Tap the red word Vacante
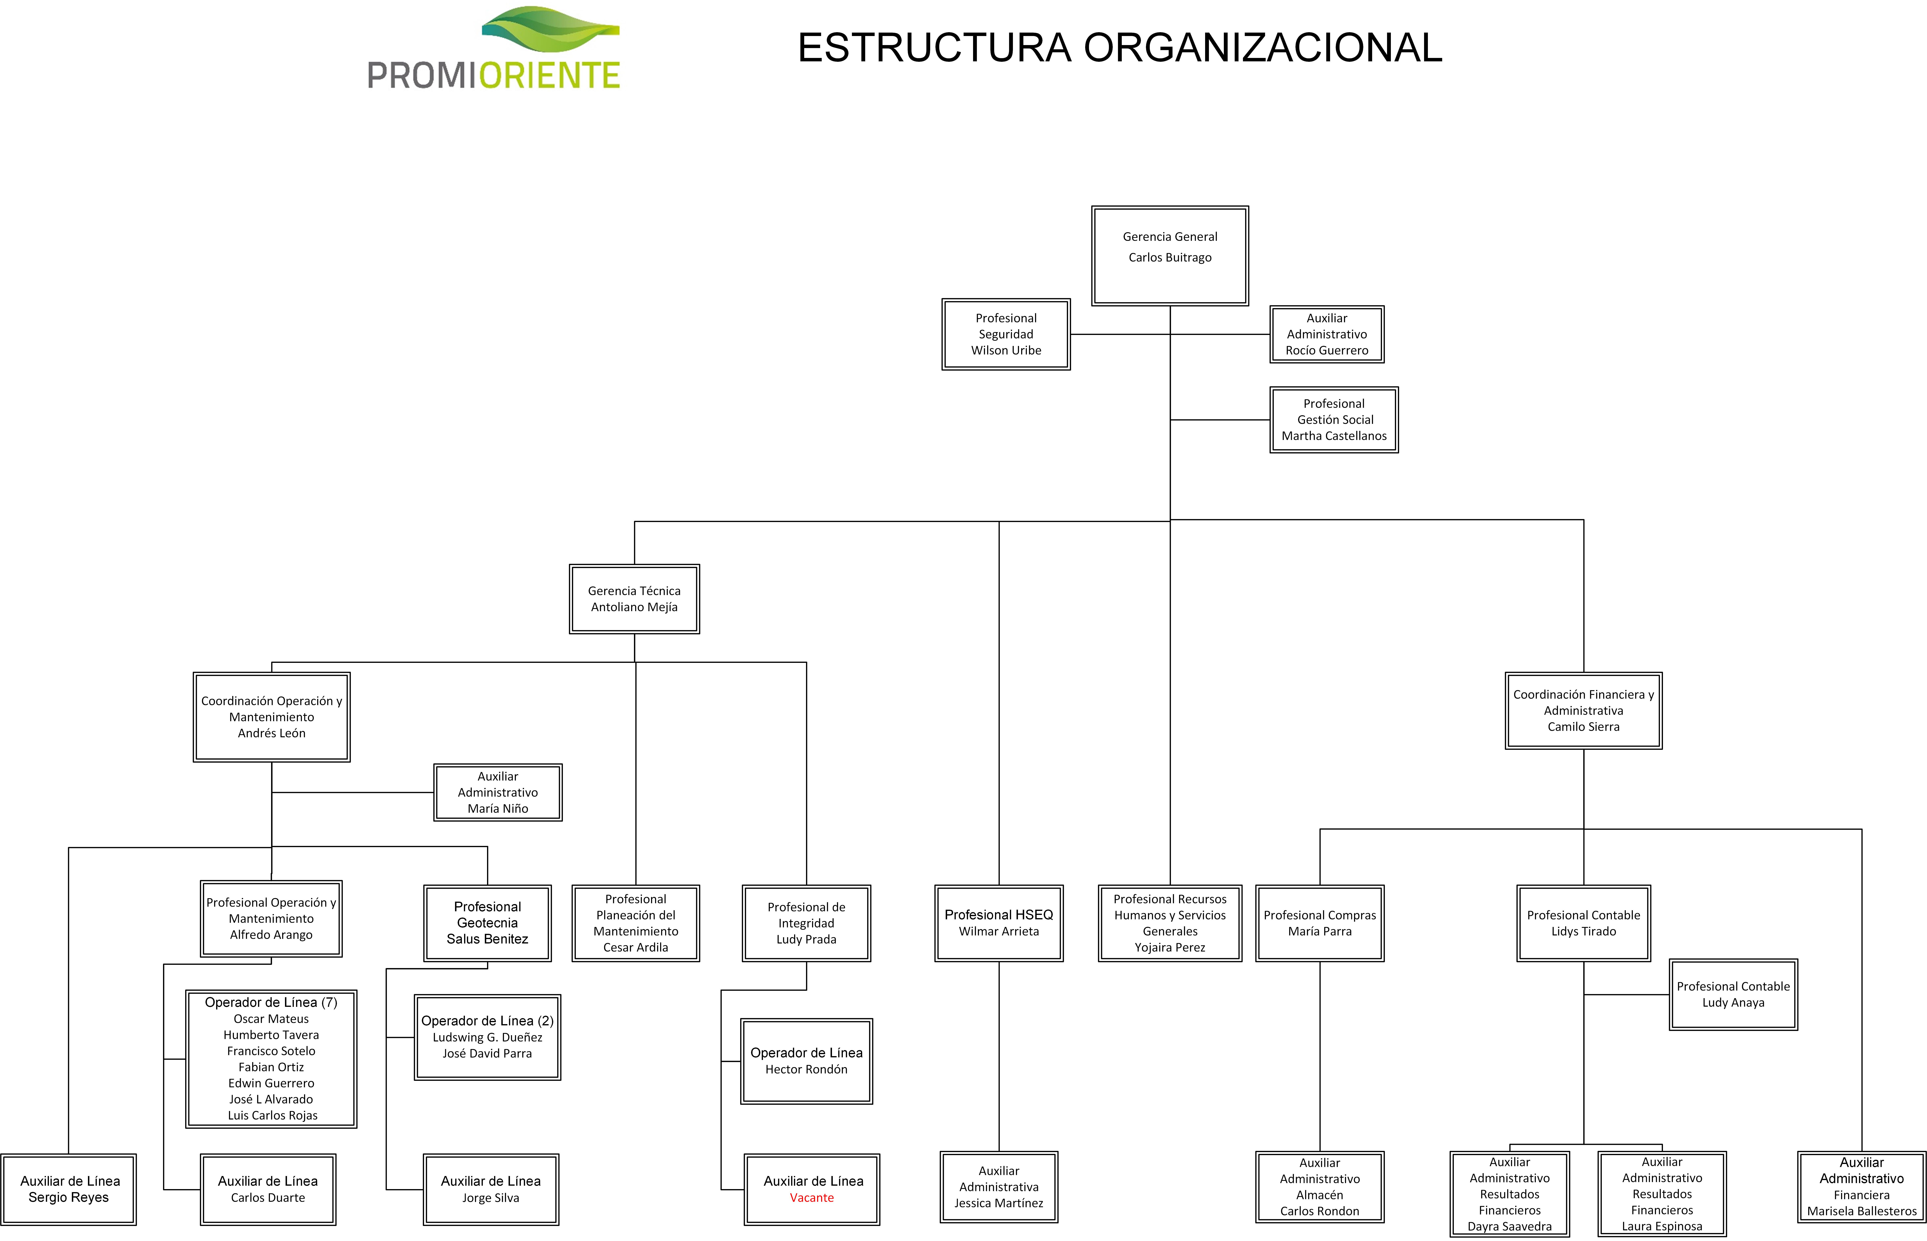(812, 1198)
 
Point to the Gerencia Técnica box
(634, 599)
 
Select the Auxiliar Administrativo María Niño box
(498, 792)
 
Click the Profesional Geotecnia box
(488, 923)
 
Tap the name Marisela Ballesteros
(1862, 1211)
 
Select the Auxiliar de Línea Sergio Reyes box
(68, 1190)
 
